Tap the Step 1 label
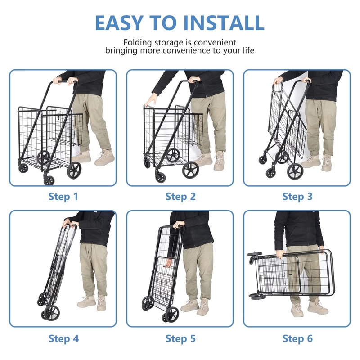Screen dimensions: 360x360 [x=63, y=197]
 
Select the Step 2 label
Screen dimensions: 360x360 [x=180, y=197]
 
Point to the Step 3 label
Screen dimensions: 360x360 [x=297, y=197]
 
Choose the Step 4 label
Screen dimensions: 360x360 [x=63, y=338]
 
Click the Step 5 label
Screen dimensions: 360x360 [x=180, y=338]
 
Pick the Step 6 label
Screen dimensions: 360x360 [x=297, y=338]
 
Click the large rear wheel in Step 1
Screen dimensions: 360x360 [x=74, y=170]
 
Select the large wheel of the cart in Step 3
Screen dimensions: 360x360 [x=295, y=171]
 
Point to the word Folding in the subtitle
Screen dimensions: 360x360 [x=138, y=41]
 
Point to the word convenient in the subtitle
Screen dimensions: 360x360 [x=212, y=41]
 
